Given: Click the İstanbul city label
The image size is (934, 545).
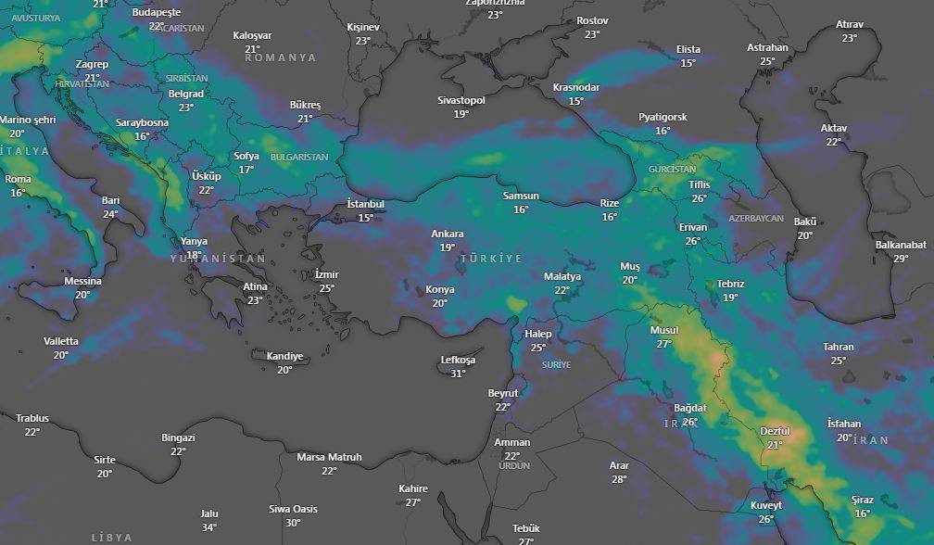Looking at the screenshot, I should pos(365,204).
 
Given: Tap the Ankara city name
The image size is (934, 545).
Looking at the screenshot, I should pos(448,234).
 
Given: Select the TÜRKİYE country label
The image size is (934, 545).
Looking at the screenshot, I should pos(491,258).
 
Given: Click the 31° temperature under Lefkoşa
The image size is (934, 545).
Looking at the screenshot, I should pos(458,374).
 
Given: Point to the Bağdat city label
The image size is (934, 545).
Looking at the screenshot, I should pos(690,408).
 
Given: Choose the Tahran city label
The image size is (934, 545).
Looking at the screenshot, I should pos(839,347).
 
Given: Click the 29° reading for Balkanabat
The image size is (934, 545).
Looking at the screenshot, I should pos(901,259).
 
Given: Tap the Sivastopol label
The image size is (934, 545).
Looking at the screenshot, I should pos(461,100).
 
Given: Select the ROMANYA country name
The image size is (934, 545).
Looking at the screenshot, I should pos(281,57).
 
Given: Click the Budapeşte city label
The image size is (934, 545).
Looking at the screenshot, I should pos(157,12).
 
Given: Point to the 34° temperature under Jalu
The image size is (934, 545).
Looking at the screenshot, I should pos(209,527).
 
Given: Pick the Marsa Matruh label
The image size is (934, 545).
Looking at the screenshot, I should pos(329,457).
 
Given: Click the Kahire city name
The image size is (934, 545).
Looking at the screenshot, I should pos(413,488).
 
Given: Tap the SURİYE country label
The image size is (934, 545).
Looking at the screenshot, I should pos(556,365).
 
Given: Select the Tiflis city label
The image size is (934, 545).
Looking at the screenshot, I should pos(700,184).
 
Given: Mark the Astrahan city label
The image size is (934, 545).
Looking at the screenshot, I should pos(767,47).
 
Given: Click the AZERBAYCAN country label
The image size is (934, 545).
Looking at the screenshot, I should pos(756,219).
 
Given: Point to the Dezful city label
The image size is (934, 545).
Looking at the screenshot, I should pos(775,431).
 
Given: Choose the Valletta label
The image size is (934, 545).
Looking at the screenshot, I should pos(61,341).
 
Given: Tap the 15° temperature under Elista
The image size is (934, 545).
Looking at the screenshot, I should pos(688,63).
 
